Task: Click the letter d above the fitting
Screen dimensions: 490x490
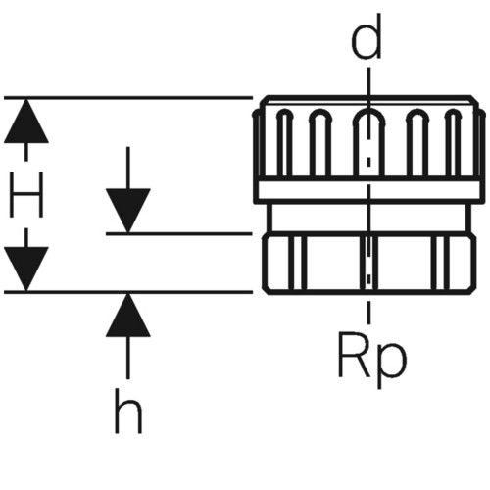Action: coord(367,37)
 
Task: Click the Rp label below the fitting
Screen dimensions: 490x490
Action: coord(372,359)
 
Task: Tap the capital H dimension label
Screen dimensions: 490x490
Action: coord(26,195)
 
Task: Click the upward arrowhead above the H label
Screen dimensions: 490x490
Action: coord(26,122)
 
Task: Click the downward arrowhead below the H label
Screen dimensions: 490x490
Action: coord(26,269)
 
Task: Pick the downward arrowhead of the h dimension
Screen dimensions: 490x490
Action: coord(128,211)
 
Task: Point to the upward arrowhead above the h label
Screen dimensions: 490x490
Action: coord(128,316)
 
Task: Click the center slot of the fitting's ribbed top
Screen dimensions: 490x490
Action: coord(368,143)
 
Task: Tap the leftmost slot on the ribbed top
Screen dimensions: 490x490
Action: coord(284,143)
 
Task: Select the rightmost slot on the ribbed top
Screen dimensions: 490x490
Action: coord(454,143)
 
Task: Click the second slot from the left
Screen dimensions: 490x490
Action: coord(320,143)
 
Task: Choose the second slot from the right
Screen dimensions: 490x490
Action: coord(417,143)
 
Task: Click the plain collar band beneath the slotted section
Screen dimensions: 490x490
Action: coord(367,190)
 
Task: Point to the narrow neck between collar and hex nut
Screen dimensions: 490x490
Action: coord(369,218)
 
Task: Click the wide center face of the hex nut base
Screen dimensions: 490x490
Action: coord(335,263)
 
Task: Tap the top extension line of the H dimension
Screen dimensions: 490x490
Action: coord(128,97)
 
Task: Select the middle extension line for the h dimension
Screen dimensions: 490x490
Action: coord(179,234)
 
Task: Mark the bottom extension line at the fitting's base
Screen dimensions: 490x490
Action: coord(128,291)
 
